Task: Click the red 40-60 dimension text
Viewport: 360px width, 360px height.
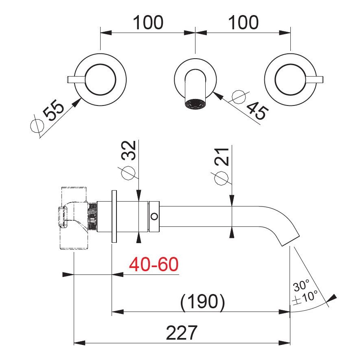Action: click(x=154, y=265)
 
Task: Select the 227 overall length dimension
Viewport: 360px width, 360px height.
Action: click(x=181, y=333)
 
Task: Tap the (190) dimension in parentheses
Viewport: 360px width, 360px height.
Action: click(x=202, y=302)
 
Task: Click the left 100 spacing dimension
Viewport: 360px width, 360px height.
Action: click(x=147, y=22)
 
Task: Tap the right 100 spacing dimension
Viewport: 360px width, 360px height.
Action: click(x=243, y=22)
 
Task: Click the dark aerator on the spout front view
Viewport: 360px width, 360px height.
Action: click(x=194, y=104)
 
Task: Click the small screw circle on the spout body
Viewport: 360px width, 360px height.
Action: click(x=154, y=216)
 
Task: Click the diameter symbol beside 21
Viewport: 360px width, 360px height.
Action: click(x=220, y=178)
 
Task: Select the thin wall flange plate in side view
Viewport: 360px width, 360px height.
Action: click(x=114, y=217)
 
